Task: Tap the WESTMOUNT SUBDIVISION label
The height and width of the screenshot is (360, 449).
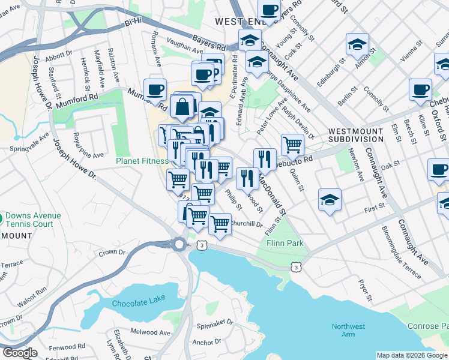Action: tap(355, 135)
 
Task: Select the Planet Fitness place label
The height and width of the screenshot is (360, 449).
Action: tap(142, 161)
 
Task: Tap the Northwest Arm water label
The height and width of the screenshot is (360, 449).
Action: tap(348, 331)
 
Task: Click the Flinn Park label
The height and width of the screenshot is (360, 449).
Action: tap(285, 244)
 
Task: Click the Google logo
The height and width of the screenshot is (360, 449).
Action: tap(19, 353)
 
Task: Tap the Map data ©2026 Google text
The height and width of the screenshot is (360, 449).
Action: tap(412, 355)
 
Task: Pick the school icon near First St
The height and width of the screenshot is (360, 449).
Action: tap(329, 199)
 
